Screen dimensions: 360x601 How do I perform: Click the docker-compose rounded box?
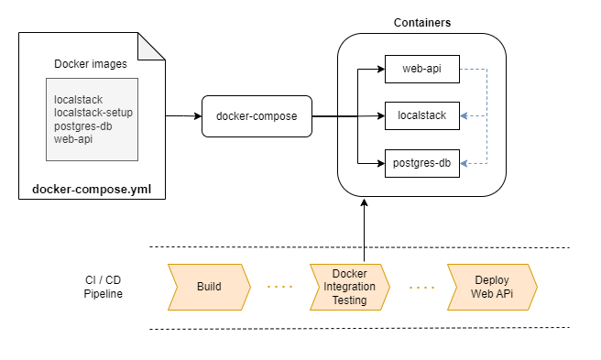point(256,116)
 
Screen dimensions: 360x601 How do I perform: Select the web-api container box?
point(421,69)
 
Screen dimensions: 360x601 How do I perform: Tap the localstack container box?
point(421,115)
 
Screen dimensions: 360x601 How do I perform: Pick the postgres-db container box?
point(421,163)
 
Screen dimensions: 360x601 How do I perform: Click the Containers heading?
point(421,22)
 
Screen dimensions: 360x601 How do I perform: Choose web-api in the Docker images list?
point(73,138)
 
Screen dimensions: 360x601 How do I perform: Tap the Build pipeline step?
point(209,287)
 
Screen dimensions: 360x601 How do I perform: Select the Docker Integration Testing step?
point(349,287)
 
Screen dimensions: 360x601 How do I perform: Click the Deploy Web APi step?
point(491,287)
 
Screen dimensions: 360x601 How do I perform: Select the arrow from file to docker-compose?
point(183,116)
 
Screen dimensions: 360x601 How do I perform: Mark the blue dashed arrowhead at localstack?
point(464,116)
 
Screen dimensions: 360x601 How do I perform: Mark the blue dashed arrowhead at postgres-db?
point(464,163)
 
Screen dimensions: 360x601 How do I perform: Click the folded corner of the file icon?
point(155,45)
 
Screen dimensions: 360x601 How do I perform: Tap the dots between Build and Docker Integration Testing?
point(280,287)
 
